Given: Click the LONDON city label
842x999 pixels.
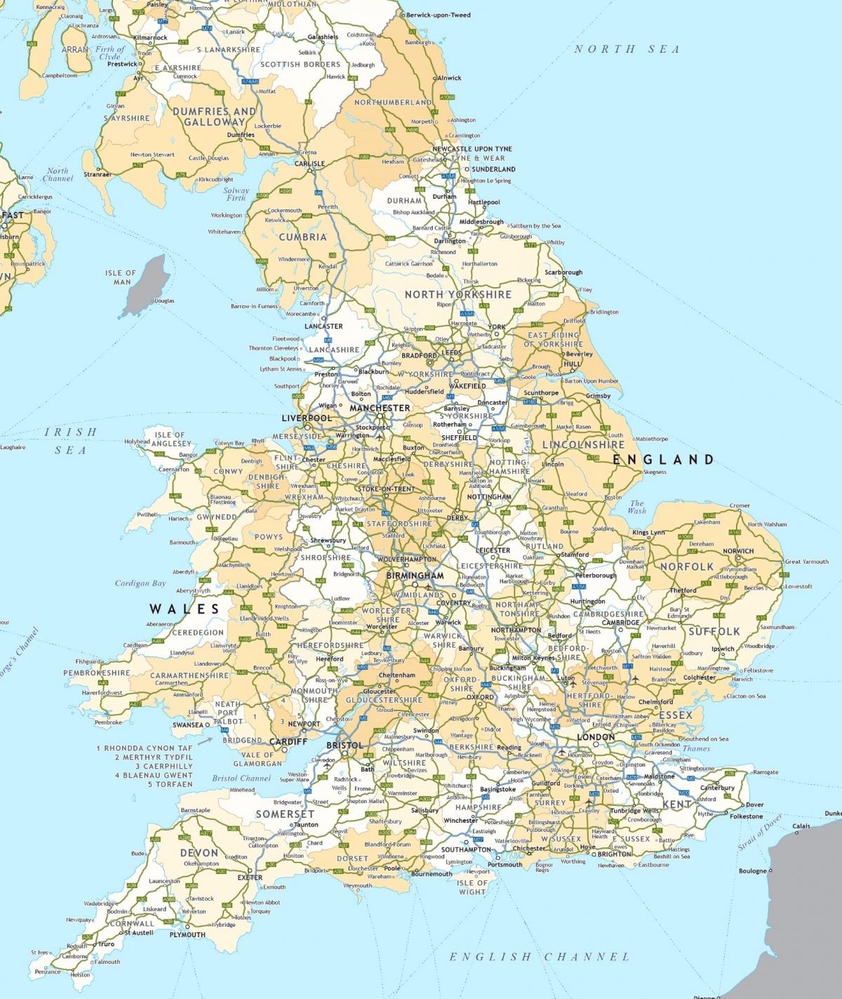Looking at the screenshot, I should [x=596, y=737].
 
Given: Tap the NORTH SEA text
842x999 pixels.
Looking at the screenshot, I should [x=627, y=49].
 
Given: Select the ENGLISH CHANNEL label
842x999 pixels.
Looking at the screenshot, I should [x=540, y=956].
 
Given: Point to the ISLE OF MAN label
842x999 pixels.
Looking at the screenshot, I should [x=121, y=277].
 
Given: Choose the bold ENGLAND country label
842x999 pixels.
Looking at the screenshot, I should [x=663, y=460].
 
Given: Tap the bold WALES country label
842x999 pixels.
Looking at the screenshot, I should [x=184, y=609].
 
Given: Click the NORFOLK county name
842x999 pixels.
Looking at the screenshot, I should [x=686, y=567].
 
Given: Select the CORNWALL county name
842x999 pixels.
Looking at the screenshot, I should [x=131, y=923].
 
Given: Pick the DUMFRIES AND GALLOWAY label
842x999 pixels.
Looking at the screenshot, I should [x=214, y=117].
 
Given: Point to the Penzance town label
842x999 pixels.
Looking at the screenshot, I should [x=48, y=972].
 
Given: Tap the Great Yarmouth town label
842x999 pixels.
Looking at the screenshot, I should [x=806, y=562].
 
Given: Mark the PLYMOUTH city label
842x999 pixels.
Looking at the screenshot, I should [x=187, y=934].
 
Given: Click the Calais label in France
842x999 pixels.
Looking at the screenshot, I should [x=801, y=826].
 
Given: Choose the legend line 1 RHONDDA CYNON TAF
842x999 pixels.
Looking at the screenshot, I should [x=144, y=748].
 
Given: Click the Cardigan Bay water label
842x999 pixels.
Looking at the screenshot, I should [x=140, y=583].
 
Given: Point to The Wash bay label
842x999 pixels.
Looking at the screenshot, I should [x=636, y=507].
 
